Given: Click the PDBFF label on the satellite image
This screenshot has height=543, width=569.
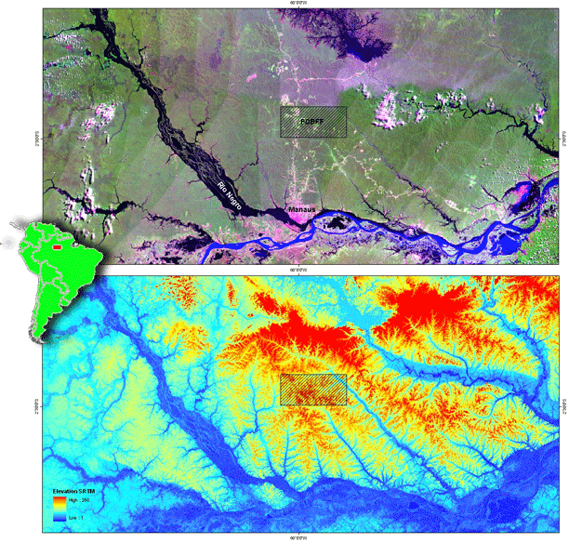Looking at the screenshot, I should [312, 122].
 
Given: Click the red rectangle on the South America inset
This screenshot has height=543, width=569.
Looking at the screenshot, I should [58, 247].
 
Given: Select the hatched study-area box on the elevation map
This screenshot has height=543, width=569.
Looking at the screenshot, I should [313, 390].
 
